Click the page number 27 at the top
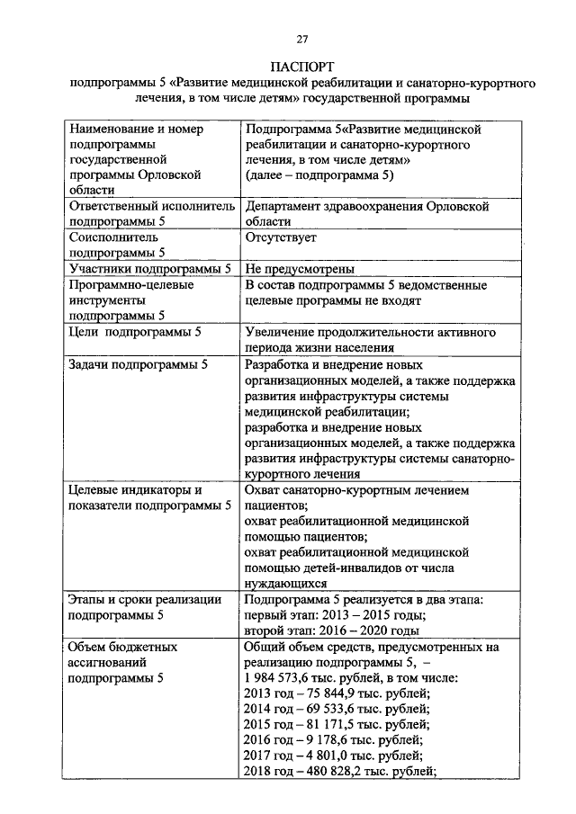tap(302, 37)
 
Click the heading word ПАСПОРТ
tap(302, 67)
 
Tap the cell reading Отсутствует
tap(281, 237)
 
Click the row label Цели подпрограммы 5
tap(135, 332)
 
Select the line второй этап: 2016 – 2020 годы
tap(332, 631)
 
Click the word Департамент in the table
tap(285, 206)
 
